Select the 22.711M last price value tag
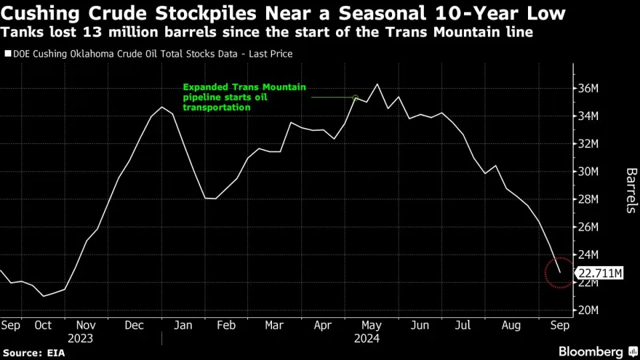(x=600, y=272)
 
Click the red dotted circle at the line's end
(x=559, y=272)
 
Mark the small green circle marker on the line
(x=356, y=97)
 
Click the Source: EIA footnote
(x=33, y=351)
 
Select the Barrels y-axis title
(x=630, y=191)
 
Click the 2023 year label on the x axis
(x=79, y=338)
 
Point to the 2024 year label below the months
(x=366, y=338)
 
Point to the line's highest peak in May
(x=377, y=84)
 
